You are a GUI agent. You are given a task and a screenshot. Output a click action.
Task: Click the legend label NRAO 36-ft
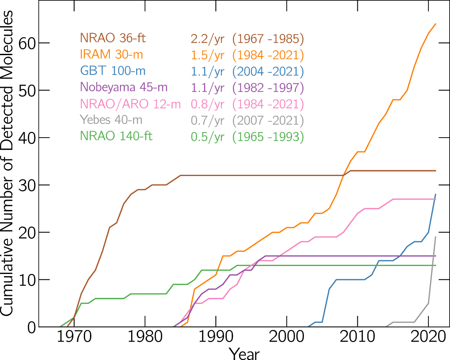112,38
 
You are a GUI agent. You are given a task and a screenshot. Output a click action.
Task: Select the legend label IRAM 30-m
111,55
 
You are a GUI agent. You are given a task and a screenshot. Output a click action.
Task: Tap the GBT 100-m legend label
113,71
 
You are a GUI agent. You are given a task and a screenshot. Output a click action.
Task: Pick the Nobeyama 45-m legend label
124,87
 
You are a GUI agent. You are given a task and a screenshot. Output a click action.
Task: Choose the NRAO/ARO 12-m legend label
131,104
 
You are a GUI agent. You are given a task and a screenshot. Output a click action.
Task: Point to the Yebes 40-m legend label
111,120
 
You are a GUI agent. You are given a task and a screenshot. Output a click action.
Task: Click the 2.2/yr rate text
207,39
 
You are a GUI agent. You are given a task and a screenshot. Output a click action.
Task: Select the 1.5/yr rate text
207,55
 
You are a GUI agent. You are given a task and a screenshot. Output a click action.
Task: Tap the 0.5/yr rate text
207,137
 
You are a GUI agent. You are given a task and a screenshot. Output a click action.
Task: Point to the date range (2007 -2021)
268,120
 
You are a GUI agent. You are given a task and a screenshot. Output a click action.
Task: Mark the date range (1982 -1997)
268,88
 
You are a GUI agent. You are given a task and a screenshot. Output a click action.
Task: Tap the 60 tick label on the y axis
28,43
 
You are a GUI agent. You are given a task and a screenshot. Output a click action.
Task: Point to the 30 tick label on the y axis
28,185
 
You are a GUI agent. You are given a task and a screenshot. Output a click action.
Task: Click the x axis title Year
244,353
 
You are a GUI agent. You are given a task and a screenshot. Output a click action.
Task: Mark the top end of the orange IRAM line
435,24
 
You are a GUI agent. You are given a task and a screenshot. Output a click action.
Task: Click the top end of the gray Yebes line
435,237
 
